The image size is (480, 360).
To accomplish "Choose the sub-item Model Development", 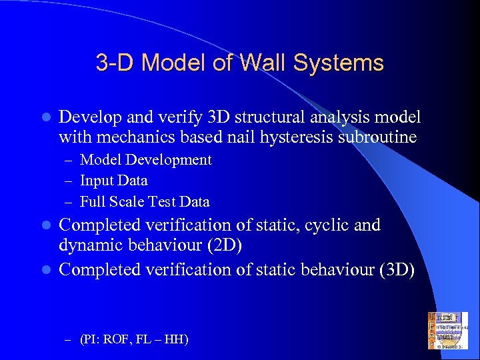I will (146, 160).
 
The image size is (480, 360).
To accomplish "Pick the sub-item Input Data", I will (114, 181).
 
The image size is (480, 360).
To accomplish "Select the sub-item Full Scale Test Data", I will (145, 201).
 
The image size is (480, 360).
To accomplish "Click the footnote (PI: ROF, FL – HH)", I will (134, 340).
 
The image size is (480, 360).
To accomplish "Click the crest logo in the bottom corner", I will (448, 330).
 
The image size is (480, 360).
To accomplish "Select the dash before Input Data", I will (69, 181).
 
